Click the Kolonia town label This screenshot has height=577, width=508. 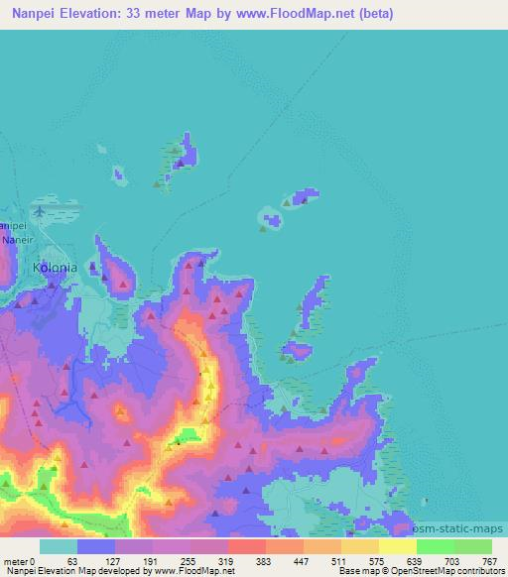click(54, 267)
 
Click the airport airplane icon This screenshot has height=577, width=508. click(39, 210)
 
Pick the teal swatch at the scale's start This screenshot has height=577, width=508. click(59, 546)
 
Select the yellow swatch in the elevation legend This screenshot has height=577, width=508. click(397, 546)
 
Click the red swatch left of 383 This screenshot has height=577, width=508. click(246, 546)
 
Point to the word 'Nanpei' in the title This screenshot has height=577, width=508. click(32, 14)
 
